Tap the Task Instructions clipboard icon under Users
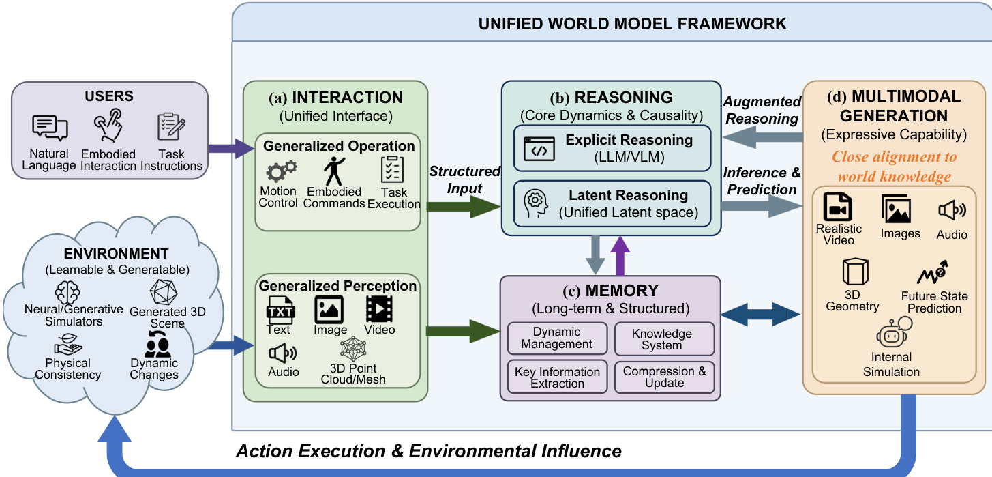coord(171,127)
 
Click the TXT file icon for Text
coord(280,310)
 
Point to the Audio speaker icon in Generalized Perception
coord(282,353)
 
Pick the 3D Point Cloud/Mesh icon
coord(353,350)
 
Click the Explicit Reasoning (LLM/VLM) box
coord(612,147)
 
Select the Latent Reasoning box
coord(612,203)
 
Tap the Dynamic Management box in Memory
coord(556,338)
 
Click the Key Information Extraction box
coord(556,377)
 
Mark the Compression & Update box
coord(664,377)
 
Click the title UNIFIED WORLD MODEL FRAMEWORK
coord(632,25)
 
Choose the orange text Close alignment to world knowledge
coord(894,167)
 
